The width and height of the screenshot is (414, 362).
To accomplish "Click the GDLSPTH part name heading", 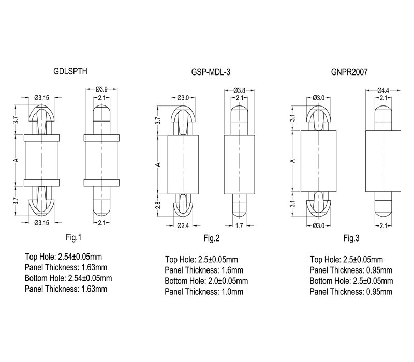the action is [x=70, y=71].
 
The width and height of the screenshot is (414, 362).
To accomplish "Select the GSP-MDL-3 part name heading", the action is [x=211, y=72].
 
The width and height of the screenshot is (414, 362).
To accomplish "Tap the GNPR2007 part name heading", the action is [x=349, y=72].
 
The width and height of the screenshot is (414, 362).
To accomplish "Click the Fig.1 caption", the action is [x=73, y=238].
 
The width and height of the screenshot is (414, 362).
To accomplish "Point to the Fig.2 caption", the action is [x=212, y=238].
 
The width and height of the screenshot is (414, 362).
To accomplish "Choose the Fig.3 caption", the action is [x=351, y=238].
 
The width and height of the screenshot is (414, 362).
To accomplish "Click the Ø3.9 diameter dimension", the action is [x=101, y=89].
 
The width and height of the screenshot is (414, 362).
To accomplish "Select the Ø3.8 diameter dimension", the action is [x=240, y=90].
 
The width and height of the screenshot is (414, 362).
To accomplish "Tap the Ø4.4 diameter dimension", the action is [x=383, y=90].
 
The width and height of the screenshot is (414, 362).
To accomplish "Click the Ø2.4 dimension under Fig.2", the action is [x=183, y=225].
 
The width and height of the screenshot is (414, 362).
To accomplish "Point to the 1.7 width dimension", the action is [x=239, y=225].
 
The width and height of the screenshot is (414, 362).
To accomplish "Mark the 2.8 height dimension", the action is [x=158, y=205].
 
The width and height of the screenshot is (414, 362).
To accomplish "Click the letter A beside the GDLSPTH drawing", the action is [x=16, y=160].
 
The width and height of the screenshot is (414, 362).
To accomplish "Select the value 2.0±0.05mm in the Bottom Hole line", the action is [x=228, y=281].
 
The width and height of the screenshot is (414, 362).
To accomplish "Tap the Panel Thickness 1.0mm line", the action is [x=204, y=292].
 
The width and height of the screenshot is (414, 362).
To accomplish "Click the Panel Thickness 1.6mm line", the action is [x=204, y=270].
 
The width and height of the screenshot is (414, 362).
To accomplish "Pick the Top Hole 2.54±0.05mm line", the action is [x=63, y=257].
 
